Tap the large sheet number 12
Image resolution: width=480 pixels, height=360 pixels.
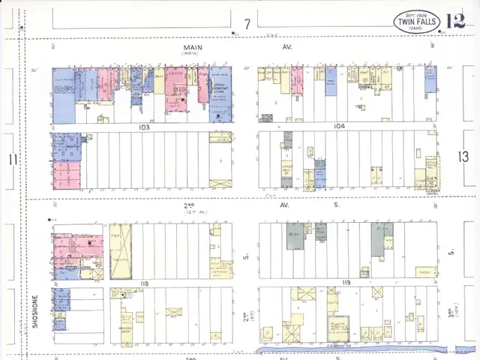tap(455, 21)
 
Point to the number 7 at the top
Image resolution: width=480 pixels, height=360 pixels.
tap(246, 25)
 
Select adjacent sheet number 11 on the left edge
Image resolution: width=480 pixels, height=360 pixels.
tap(11, 159)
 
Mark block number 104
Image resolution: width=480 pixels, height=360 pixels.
tap(340, 127)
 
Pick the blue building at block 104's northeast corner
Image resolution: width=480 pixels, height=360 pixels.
tap(430, 79)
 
